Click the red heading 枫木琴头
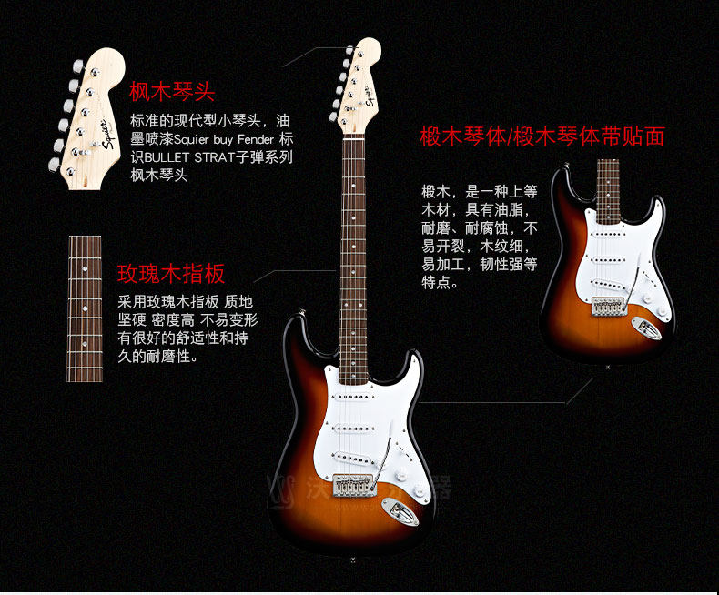pyautogui.click(x=172, y=92)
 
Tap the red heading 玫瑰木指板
pyautogui.click(x=171, y=274)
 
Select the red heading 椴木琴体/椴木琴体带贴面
pyautogui.click(x=542, y=136)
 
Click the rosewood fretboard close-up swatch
pyautogui.click(x=85, y=308)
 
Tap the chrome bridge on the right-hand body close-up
pyautogui.click(x=608, y=307)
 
